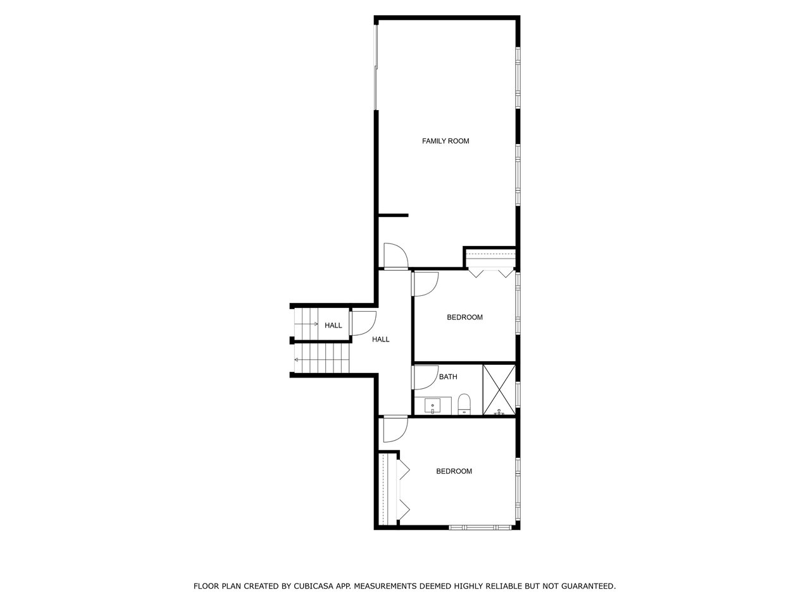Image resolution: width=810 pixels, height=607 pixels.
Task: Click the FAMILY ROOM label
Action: (445, 141)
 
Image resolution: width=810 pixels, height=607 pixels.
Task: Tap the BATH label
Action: (448, 377)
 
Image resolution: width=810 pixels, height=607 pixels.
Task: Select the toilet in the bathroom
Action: (464, 404)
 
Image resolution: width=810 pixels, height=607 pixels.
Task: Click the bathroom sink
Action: (432, 407)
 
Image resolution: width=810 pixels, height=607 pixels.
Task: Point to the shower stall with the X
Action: (499, 390)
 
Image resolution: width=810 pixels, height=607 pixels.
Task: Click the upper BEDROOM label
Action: (464, 317)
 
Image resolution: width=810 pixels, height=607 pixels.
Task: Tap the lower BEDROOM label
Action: (454, 471)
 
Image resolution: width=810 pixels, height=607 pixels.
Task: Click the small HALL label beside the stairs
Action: (333, 326)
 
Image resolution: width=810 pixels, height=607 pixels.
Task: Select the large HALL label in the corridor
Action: (380, 340)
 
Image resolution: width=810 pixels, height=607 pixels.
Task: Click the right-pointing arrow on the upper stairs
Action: (306, 324)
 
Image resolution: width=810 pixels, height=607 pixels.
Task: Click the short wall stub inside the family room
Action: (394, 215)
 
